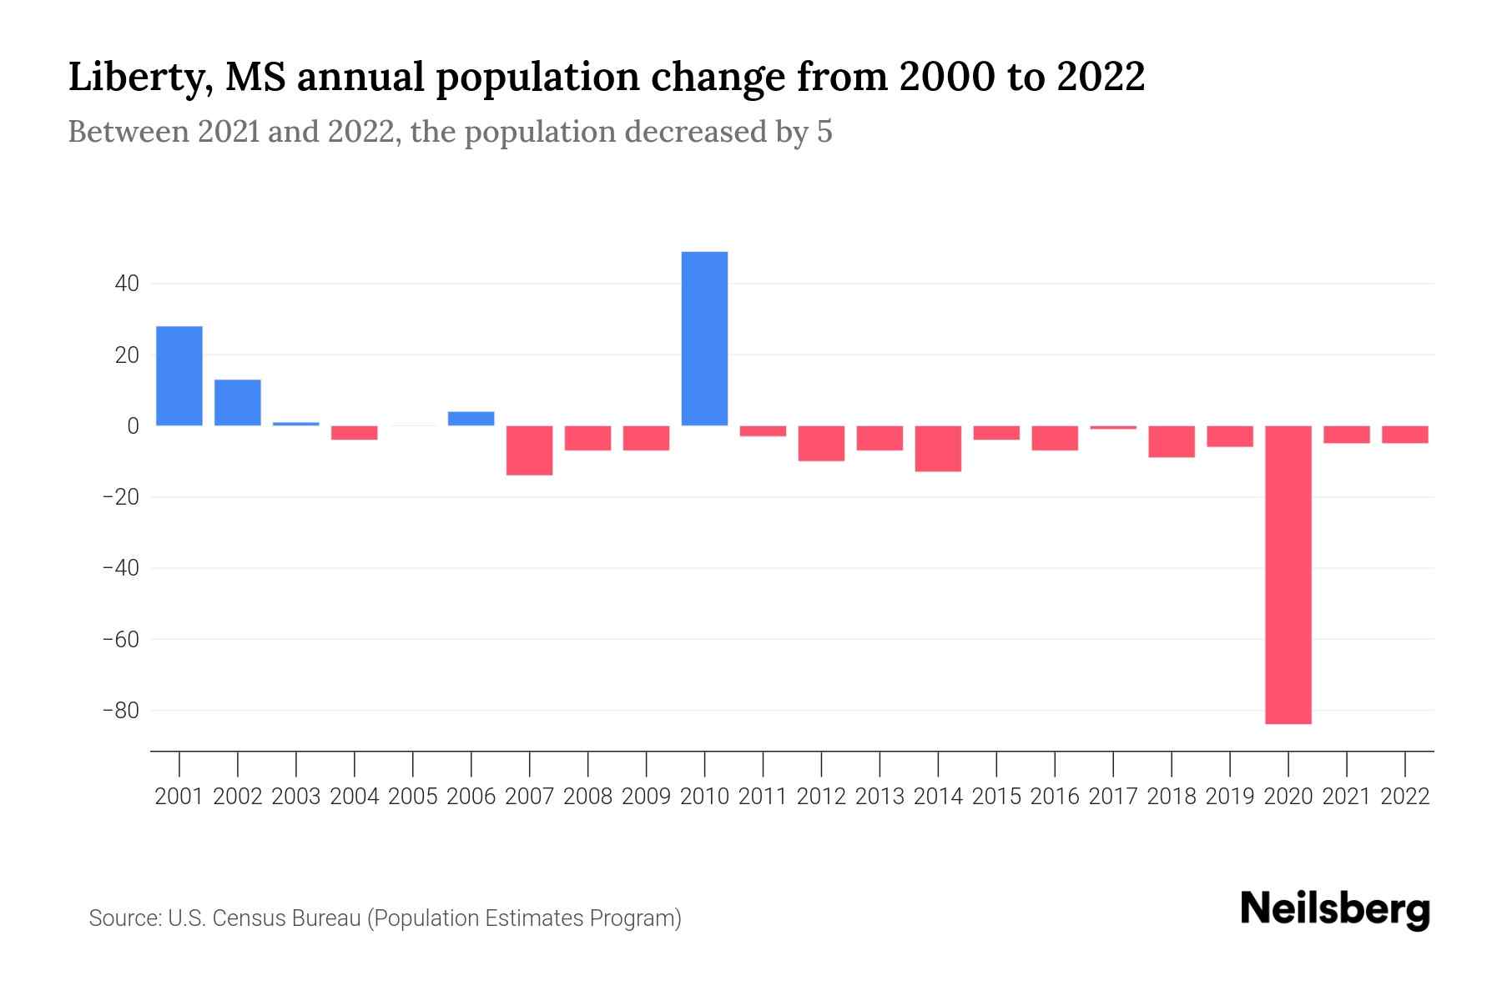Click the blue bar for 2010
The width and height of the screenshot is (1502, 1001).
[x=704, y=339]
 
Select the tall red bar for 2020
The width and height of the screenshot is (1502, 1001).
[x=1288, y=575]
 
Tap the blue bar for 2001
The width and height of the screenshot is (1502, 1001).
[x=179, y=375]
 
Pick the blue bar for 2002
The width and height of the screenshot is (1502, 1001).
[x=238, y=403]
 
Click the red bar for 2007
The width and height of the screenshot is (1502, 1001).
[x=529, y=450]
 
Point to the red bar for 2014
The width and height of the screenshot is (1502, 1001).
[x=938, y=449]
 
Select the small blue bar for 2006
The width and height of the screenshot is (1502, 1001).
[x=471, y=419]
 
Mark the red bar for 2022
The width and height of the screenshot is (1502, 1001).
[x=1404, y=435]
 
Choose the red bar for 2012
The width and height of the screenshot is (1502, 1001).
[x=821, y=443]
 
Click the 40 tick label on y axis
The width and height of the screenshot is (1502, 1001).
[x=127, y=284]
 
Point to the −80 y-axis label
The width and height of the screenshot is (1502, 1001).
[x=121, y=711]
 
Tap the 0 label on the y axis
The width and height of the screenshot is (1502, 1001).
[x=134, y=426]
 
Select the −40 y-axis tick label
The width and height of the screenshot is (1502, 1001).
[x=121, y=568]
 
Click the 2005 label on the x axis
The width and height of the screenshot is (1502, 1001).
[x=412, y=797]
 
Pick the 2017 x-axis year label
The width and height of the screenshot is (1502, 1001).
[x=1112, y=797]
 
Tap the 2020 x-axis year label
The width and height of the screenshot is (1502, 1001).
[x=1288, y=797]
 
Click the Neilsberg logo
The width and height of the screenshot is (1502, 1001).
[x=1335, y=910]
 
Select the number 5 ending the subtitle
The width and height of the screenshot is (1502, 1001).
[x=824, y=132]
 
